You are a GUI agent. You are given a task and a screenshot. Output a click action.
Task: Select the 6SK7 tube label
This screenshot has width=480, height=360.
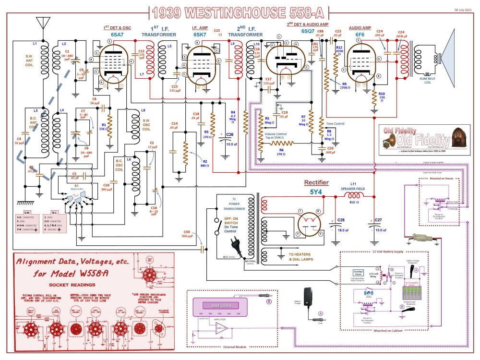pos(200,35)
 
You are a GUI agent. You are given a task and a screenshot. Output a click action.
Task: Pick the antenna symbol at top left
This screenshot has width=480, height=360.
pos(43,23)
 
